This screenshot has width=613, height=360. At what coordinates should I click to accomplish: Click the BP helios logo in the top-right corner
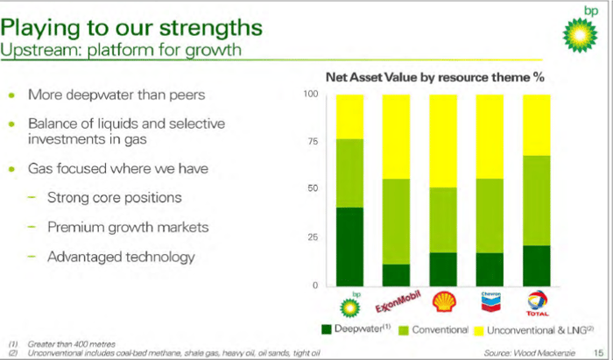tap(580, 35)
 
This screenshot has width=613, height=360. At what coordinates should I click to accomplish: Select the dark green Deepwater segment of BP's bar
tap(350, 247)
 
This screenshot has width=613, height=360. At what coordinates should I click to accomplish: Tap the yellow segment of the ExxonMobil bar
tap(396, 137)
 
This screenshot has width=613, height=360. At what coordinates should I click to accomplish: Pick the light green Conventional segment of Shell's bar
tap(443, 220)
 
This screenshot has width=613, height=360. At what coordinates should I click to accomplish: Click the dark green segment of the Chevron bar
tap(490, 270)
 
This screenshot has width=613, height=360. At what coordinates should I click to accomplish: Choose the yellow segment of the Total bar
tap(536, 125)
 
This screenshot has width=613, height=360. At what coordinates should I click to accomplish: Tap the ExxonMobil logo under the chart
tap(398, 302)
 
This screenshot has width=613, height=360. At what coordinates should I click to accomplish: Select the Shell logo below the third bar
tap(444, 302)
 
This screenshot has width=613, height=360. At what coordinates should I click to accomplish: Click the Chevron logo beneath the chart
tap(490, 302)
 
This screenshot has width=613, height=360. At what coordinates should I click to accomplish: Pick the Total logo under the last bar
tap(537, 303)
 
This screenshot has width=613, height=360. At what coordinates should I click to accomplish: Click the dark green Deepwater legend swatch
tap(326, 329)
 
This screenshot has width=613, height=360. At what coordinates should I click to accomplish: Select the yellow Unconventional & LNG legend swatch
tap(478, 331)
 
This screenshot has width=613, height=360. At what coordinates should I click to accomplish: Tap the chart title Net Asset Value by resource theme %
tap(434, 77)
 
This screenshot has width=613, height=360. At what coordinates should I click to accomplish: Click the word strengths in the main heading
tap(211, 28)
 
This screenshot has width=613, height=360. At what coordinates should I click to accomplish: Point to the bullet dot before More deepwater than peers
tap(12, 95)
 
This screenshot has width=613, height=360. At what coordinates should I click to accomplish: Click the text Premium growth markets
tap(128, 227)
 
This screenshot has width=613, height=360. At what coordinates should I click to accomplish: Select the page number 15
tap(598, 353)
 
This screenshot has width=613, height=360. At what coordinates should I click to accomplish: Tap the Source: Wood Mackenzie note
tap(529, 353)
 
